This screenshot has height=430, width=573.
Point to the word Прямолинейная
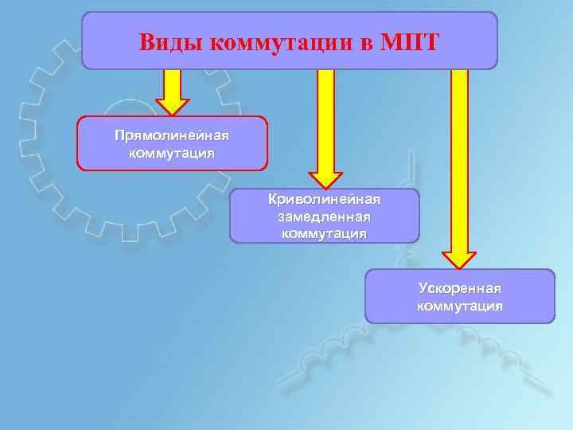click(172, 136)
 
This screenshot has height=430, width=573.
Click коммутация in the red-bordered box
click(172, 152)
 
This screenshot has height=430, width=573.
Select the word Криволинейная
click(324, 199)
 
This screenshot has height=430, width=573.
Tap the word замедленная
click(324, 216)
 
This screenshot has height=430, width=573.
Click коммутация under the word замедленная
click(324, 233)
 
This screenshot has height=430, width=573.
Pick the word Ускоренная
click(459, 288)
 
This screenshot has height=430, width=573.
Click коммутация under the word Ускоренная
click(459, 306)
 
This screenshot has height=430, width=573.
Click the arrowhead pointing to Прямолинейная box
click(172, 107)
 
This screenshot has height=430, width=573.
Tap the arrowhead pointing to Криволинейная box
click(325, 179)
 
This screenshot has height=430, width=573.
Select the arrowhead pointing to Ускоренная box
click(459, 260)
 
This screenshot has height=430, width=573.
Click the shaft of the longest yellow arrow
click(459, 159)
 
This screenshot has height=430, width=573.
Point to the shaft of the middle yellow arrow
click(325, 119)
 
